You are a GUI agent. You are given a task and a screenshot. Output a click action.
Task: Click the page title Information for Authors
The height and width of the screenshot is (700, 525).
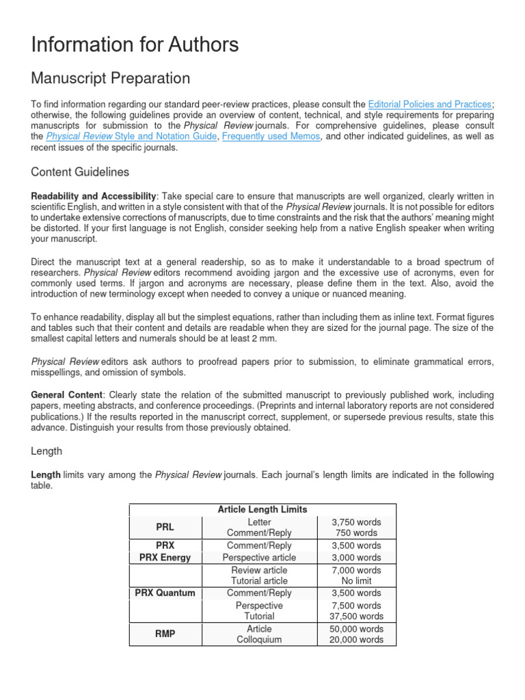click(x=135, y=45)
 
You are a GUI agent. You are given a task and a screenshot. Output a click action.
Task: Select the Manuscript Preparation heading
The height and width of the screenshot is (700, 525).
click(x=111, y=78)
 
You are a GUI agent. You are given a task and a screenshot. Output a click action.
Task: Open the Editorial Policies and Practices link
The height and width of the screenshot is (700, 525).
click(x=429, y=104)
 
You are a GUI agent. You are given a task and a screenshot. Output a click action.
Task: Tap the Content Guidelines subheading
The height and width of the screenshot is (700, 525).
click(x=80, y=172)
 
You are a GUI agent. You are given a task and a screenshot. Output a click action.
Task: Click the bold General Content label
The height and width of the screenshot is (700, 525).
click(x=67, y=394)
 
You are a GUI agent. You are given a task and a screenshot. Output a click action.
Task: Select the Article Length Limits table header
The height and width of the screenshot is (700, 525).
click(x=262, y=509)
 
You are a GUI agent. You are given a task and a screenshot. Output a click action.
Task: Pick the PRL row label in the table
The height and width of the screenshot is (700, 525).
click(x=165, y=527)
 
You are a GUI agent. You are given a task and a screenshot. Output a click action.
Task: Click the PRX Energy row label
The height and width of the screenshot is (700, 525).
click(x=165, y=557)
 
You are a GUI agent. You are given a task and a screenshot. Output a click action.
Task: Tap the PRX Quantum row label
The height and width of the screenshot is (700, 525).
click(x=165, y=593)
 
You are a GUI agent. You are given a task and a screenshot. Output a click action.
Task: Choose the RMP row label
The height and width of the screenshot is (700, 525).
click(x=165, y=634)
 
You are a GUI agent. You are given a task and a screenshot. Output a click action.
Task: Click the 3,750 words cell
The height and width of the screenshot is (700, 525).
click(x=356, y=522)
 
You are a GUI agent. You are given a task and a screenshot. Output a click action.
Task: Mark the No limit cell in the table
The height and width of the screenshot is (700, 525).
click(x=356, y=581)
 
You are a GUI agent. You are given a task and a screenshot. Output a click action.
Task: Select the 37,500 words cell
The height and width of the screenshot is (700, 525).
click(x=356, y=616)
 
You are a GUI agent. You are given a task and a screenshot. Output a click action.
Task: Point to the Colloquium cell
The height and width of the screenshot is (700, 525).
click(x=259, y=640)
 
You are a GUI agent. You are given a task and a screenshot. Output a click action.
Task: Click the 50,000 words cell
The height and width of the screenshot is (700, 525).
click(x=356, y=628)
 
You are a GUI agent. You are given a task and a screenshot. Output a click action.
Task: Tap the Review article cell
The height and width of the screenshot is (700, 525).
click(x=259, y=569)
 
